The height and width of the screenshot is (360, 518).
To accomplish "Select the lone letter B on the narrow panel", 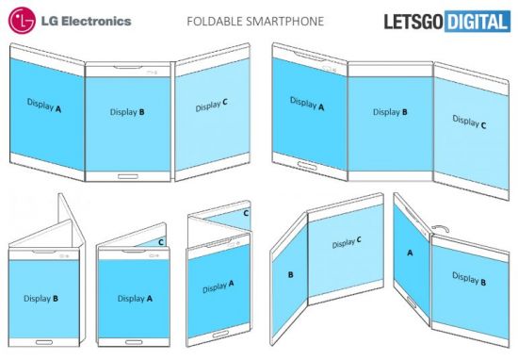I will (291, 276).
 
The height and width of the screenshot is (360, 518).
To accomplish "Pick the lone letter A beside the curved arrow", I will (410, 253).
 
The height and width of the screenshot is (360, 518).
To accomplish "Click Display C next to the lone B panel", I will (347, 244).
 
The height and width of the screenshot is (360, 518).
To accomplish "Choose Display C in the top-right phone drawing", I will (469, 121).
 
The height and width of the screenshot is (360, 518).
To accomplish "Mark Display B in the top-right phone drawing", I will (391, 112).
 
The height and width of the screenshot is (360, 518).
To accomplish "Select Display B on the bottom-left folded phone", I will (43, 299).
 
